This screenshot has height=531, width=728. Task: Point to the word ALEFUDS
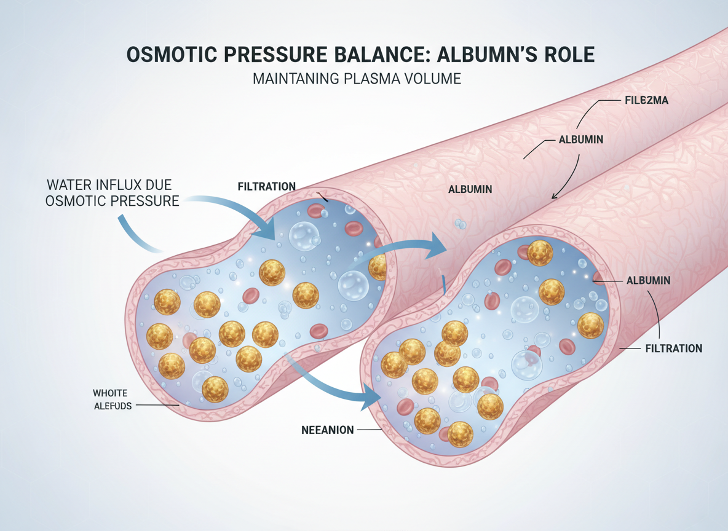coord(113,406)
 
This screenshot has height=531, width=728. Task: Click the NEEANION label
coord(327,430)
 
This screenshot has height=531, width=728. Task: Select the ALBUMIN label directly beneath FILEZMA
coord(580,140)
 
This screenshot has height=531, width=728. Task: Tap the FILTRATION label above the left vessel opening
coord(266,186)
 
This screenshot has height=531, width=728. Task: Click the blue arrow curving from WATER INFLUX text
coord(234,209)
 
